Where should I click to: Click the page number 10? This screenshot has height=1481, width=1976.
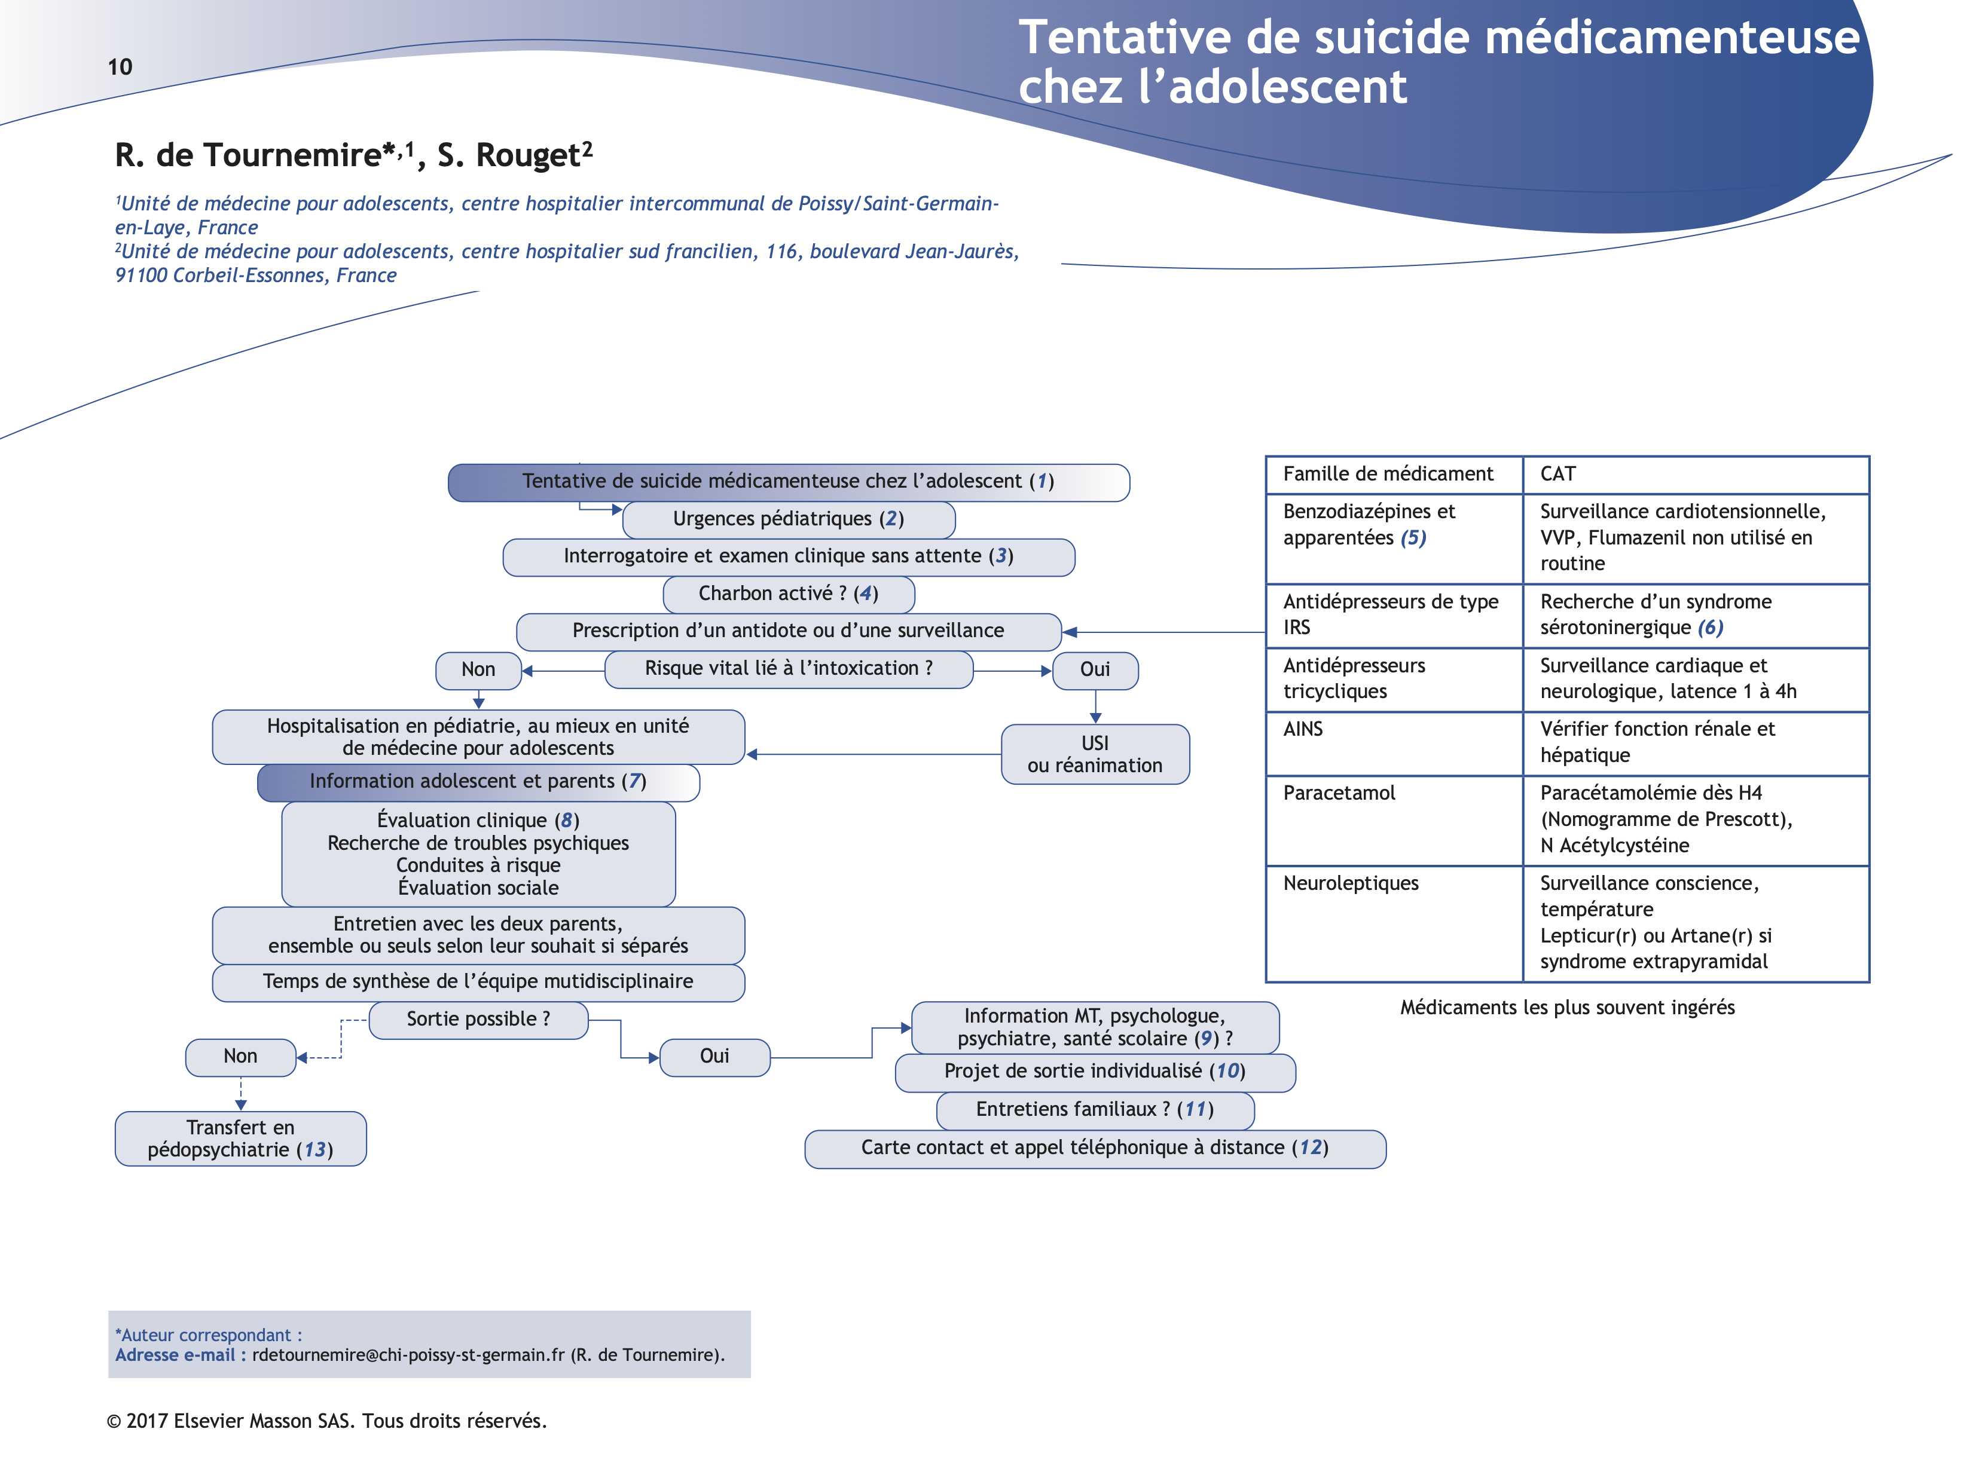point(120,67)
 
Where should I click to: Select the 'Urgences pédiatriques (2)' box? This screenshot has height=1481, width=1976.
point(788,519)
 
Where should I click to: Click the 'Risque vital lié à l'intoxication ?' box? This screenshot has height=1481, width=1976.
point(788,669)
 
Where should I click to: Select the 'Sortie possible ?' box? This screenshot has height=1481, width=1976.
point(478,1019)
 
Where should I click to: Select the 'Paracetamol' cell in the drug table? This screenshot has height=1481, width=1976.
point(1338,793)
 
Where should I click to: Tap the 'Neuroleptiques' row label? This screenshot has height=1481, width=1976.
point(1350,883)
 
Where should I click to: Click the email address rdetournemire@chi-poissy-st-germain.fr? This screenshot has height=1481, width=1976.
point(408,1355)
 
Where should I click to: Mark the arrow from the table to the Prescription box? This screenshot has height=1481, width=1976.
point(1161,632)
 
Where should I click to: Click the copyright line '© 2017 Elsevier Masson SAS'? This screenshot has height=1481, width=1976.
point(326,1421)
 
